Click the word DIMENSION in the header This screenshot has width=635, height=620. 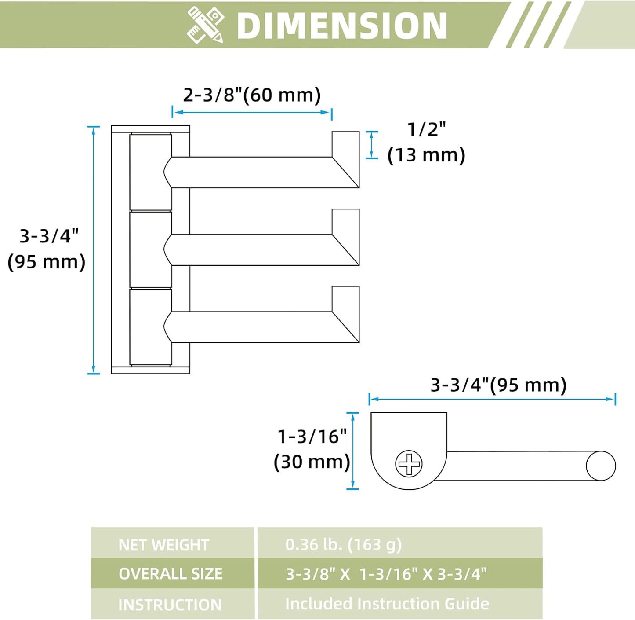341,26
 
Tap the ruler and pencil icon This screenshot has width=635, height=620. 205,25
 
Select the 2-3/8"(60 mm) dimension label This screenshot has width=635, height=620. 252,95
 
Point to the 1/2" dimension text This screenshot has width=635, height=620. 427,129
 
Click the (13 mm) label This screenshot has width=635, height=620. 426,155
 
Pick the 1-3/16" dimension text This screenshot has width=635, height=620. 312,437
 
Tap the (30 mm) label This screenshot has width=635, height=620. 312,462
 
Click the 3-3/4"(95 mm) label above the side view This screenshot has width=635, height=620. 499,385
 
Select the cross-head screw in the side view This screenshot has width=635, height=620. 409,464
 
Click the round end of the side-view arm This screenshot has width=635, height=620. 601,466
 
